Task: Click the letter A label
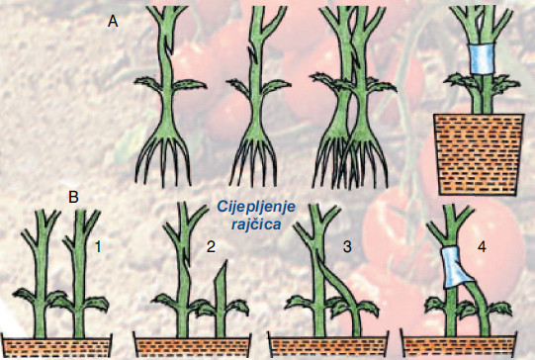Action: click(113, 22)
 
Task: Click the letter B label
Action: click(73, 197)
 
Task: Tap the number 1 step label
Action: click(98, 247)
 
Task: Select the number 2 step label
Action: click(212, 247)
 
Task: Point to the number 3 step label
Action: click(347, 247)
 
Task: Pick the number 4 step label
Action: click(482, 247)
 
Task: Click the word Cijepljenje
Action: click(256, 208)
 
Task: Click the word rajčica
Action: click(256, 225)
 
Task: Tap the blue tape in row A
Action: click(483, 59)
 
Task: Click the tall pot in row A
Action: click(478, 154)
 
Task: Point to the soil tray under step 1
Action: click(56, 345)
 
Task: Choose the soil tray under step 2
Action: click(193, 345)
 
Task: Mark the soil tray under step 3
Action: click(328, 345)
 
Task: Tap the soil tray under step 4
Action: click(458, 345)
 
